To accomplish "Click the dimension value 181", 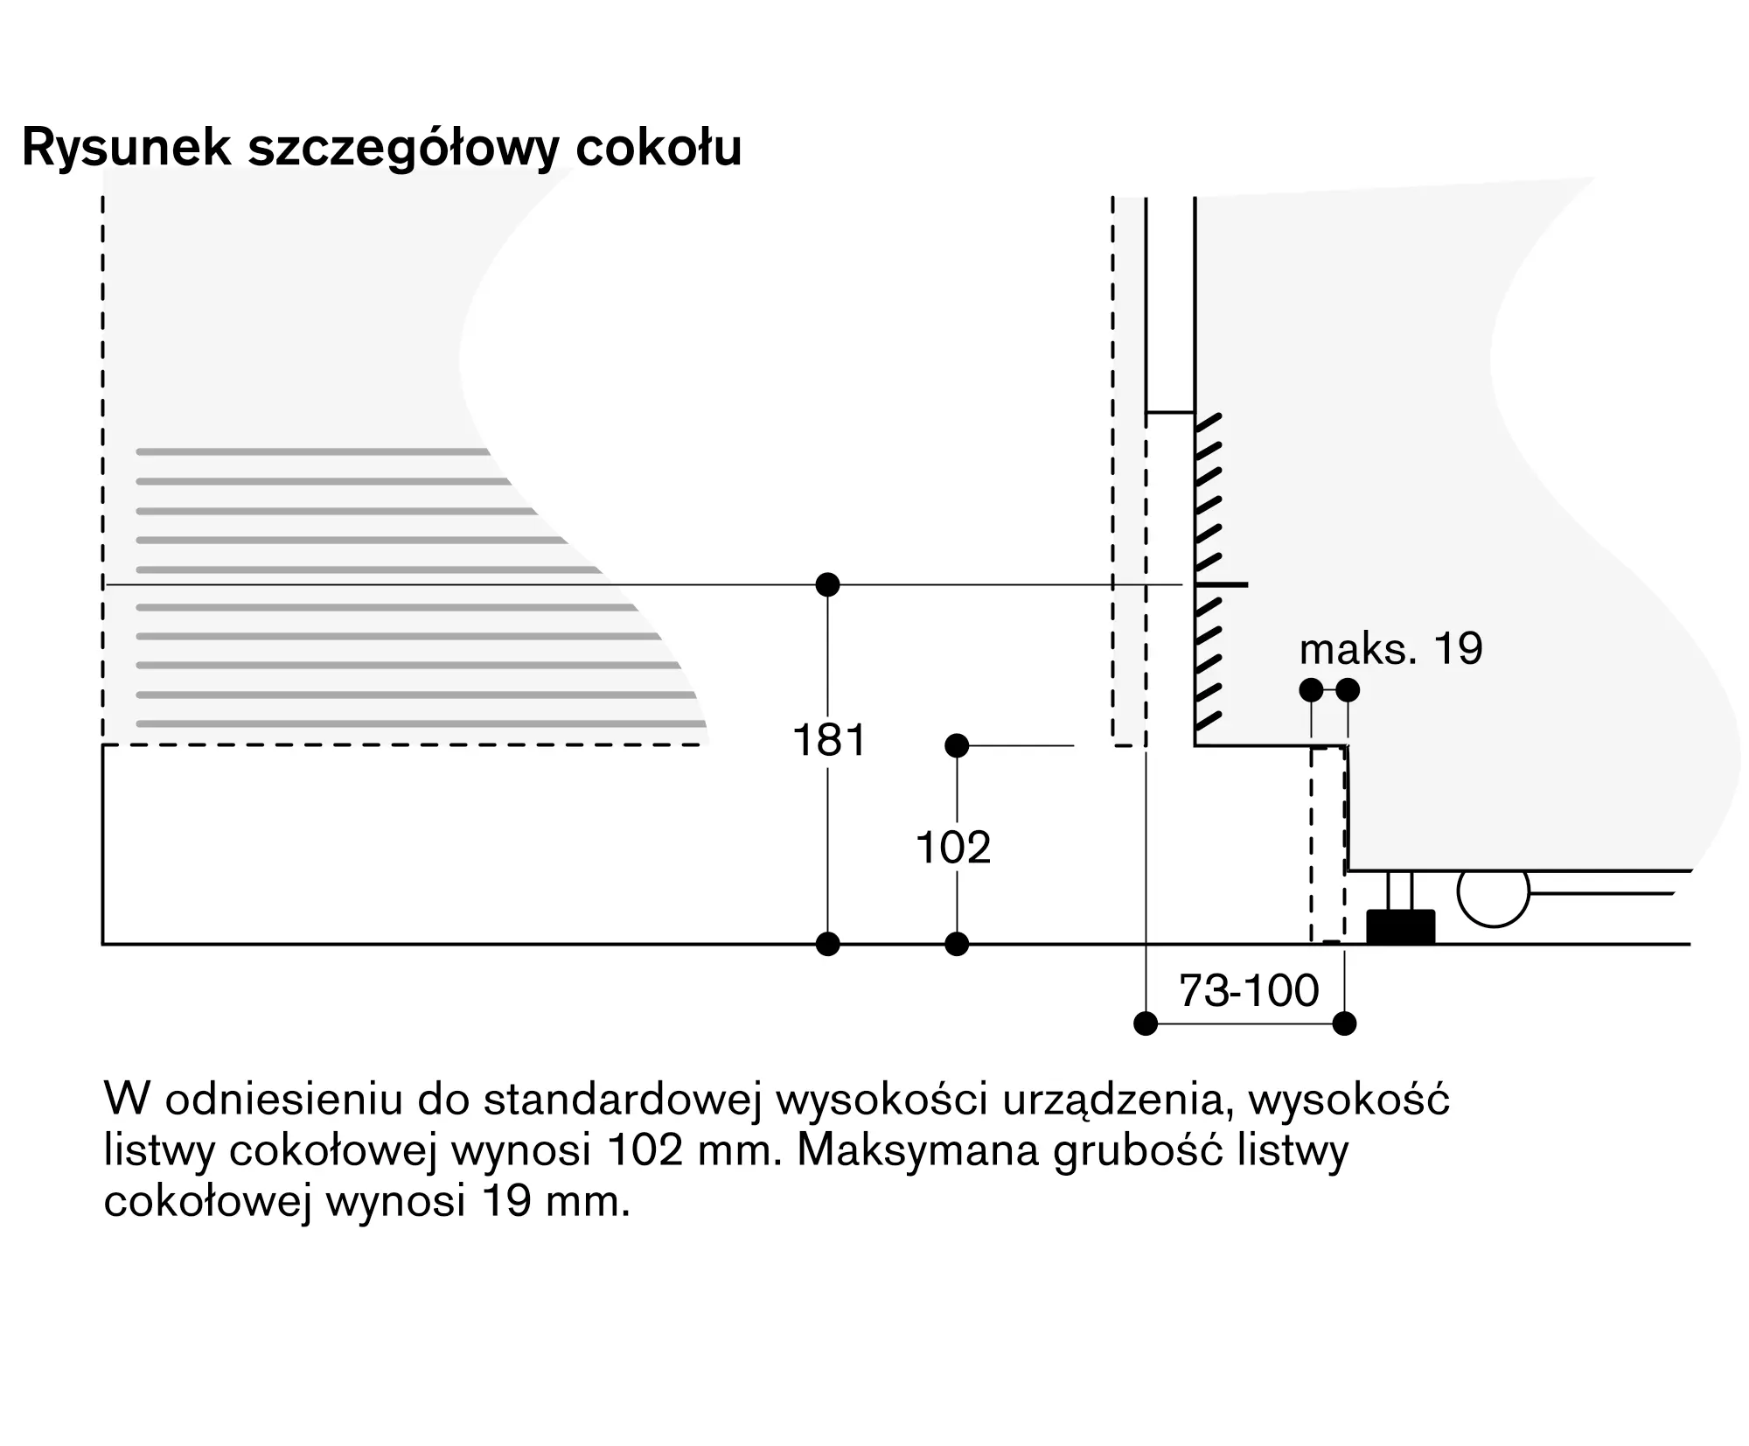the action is pyautogui.click(x=828, y=740).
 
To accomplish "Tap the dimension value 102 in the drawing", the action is pyautogui.click(x=953, y=848).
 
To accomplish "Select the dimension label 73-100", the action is pyautogui.click(x=1248, y=991).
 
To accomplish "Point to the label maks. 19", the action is pyautogui.click(x=1390, y=649).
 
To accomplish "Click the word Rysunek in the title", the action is pyautogui.click(x=127, y=147).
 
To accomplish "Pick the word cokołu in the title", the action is pyautogui.click(x=658, y=147).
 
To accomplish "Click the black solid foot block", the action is pyautogui.click(x=1400, y=927).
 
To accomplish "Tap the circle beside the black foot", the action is pyautogui.click(x=1493, y=891).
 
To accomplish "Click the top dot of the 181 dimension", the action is pyautogui.click(x=827, y=584).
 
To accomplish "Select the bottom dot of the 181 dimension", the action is pyautogui.click(x=827, y=944).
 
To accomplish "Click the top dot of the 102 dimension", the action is pyautogui.click(x=957, y=745).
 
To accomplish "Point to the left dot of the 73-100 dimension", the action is pyautogui.click(x=1146, y=1023).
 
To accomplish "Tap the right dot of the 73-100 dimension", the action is pyautogui.click(x=1344, y=1023).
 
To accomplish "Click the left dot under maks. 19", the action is pyautogui.click(x=1311, y=690).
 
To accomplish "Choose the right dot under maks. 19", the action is pyautogui.click(x=1348, y=690).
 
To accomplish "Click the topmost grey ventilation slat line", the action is pyautogui.click(x=312, y=452).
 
